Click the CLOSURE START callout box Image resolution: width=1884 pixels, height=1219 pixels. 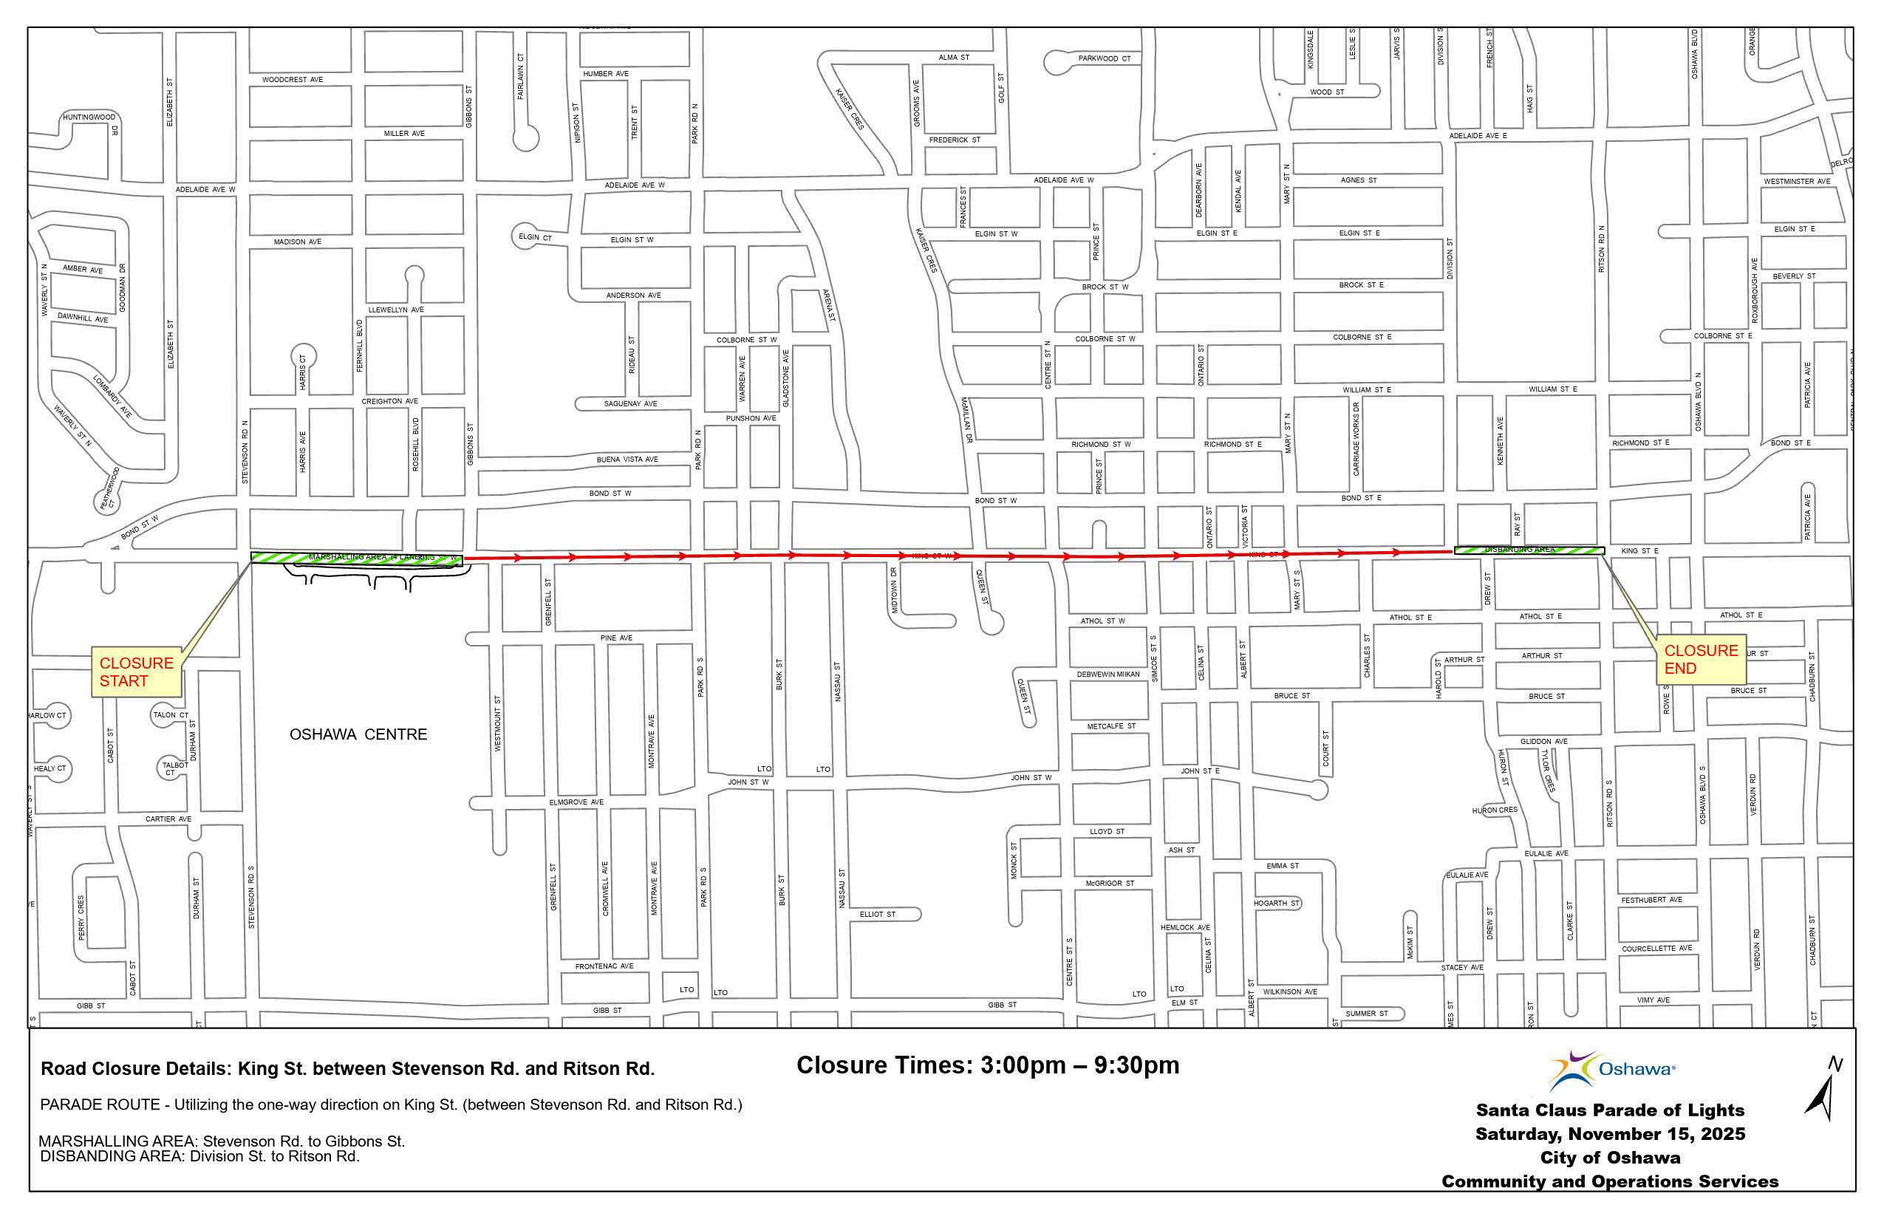136,672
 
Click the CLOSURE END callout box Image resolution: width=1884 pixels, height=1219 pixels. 1700,659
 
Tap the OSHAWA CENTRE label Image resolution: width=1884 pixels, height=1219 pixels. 358,734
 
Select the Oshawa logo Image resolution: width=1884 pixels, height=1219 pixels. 1611,1070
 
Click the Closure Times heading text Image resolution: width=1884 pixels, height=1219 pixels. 987,1065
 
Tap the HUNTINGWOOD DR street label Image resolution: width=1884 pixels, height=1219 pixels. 90,118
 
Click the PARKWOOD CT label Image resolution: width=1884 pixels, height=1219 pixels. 1105,58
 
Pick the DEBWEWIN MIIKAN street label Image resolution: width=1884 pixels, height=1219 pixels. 1107,675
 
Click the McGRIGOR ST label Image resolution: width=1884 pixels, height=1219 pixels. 1109,884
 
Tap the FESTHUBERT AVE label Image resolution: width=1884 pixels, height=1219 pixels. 1651,900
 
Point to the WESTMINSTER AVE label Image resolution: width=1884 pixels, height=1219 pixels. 1796,182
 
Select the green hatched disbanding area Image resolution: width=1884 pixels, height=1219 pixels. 1529,550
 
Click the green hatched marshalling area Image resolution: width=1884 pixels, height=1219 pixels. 356,557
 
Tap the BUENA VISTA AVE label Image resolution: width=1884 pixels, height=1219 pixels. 627,459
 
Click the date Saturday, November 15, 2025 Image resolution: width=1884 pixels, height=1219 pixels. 1609,1133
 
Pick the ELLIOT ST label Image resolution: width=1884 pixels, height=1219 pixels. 877,915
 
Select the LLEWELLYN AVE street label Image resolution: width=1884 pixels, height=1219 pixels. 396,310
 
